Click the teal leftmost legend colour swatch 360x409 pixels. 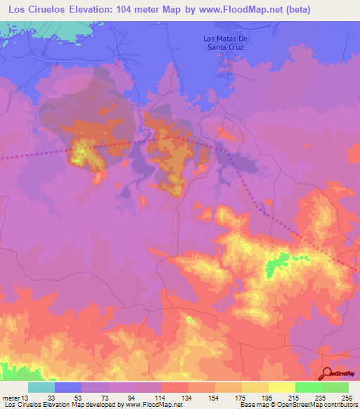click(x=41, y=387)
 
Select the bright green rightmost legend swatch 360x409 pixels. click(x=335, y=387)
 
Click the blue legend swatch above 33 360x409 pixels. click(x=67, y=387)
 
